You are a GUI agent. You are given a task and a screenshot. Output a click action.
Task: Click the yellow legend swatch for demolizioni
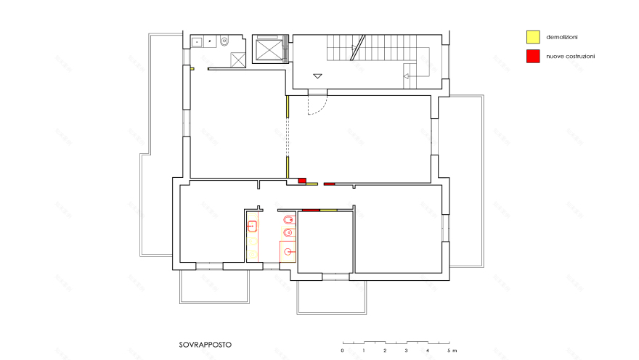point(532,36)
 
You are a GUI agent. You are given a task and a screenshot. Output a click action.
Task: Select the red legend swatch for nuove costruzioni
point(532,56)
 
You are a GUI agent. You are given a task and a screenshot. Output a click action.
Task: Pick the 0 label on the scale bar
point(342,351)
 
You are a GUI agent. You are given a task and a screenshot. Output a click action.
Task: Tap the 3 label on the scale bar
point(406,351)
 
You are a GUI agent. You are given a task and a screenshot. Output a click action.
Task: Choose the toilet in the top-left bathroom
point(224,41)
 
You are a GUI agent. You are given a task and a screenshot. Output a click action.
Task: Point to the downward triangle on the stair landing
point(317,75)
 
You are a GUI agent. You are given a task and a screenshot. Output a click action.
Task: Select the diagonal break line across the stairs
point(355,49)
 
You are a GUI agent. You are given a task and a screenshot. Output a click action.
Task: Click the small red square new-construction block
point(303,181)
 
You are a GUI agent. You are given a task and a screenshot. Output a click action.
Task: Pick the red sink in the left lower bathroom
point(253,226)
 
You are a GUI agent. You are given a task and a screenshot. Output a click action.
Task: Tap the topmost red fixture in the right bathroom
point(288,218)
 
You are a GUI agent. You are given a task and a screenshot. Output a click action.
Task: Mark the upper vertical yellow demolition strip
point(288,107)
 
